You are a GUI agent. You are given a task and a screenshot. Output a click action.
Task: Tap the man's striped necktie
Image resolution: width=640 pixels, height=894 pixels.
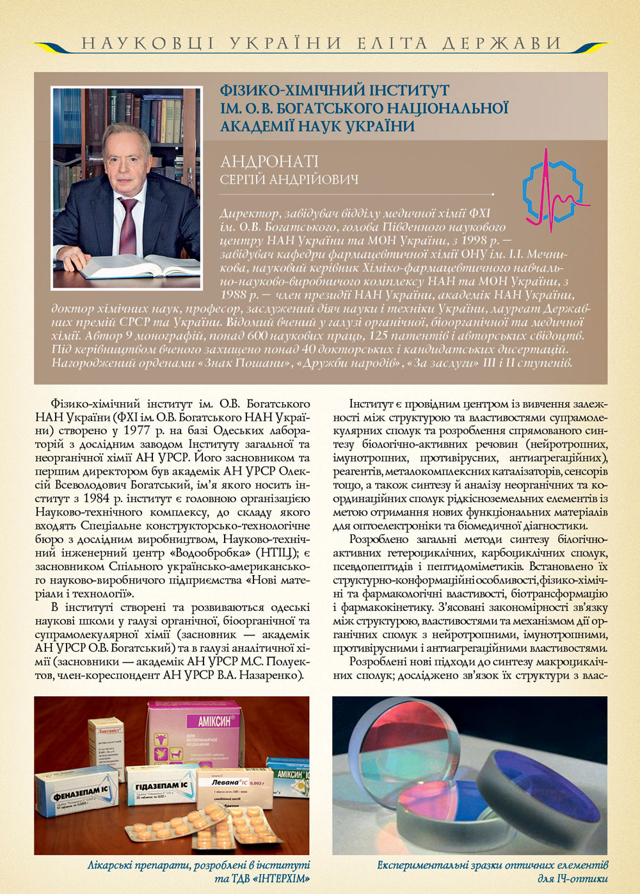(128, 224)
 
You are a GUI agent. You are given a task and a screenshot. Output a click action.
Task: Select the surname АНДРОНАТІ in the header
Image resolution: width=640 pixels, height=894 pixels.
(269, 162)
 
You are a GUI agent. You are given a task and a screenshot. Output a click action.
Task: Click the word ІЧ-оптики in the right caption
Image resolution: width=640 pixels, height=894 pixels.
(582, 878)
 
